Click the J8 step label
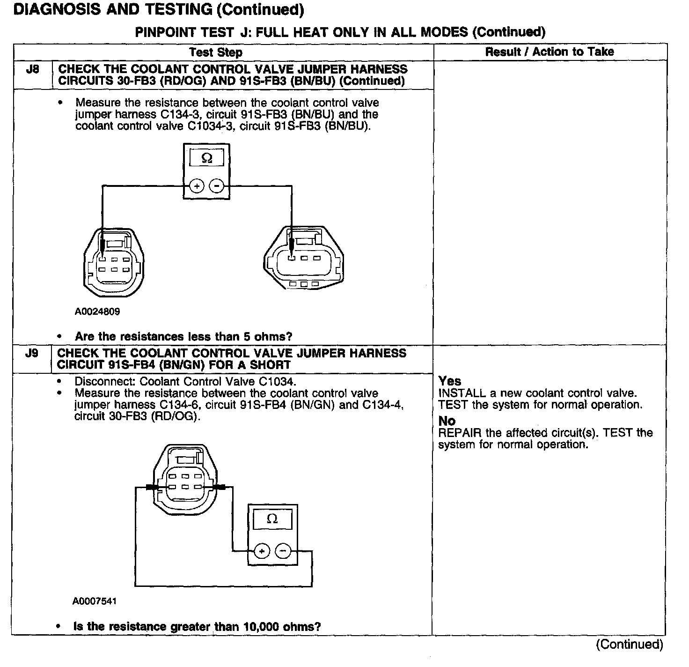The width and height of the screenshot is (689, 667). [x=32, y=69]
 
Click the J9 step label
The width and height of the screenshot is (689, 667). [x=31, y=353]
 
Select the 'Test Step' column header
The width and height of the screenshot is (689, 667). [x=216, y=52]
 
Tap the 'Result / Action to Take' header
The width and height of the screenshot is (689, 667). [x=550, y=52]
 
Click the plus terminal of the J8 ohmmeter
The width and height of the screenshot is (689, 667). [x=197, y=186]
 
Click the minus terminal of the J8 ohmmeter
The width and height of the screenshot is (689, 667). [x=216, y=186]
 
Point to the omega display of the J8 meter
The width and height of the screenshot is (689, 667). [x=206, y=159]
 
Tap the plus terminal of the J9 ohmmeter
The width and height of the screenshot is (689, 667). [x=262, y=551]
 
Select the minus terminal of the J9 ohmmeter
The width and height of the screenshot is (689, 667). [x=283, y=551]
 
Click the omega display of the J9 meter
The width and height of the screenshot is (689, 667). [x=272, y=519]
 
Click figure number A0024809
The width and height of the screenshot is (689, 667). [x=97, y=311]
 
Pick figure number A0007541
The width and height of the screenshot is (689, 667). [x=95, y=601]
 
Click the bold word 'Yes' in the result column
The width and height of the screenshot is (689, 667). [x=450, y=381]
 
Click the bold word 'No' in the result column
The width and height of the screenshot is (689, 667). [x=447, y=421]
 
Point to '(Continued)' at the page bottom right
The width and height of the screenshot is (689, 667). [x=629, y=645]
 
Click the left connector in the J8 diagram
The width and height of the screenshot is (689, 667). [x=115, y=263]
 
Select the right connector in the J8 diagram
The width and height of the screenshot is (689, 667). [x=305, y=259]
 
